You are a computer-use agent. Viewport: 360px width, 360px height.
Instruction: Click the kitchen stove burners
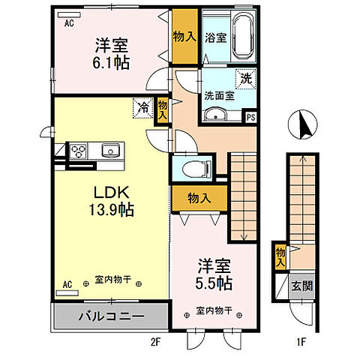pos(79,151)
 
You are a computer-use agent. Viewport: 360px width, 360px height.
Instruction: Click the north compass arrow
pos(304,124)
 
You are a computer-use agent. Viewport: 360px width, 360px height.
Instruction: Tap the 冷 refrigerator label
pos(142,108)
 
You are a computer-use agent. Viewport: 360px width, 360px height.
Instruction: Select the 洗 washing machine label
pos(244,77)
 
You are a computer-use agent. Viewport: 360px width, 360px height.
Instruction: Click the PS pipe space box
pos(250,116)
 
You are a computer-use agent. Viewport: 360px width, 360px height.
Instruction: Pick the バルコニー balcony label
pos(110,316)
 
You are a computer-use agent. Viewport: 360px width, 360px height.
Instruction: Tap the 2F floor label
pos(156,343)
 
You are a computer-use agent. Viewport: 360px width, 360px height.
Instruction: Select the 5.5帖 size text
pos(214,283)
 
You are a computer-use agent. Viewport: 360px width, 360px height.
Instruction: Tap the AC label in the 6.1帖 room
pos(68,23)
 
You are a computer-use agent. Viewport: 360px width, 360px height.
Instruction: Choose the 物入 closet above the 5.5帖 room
pos(199,198)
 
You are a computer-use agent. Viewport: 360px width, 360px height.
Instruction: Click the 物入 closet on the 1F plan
pos(280,256)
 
